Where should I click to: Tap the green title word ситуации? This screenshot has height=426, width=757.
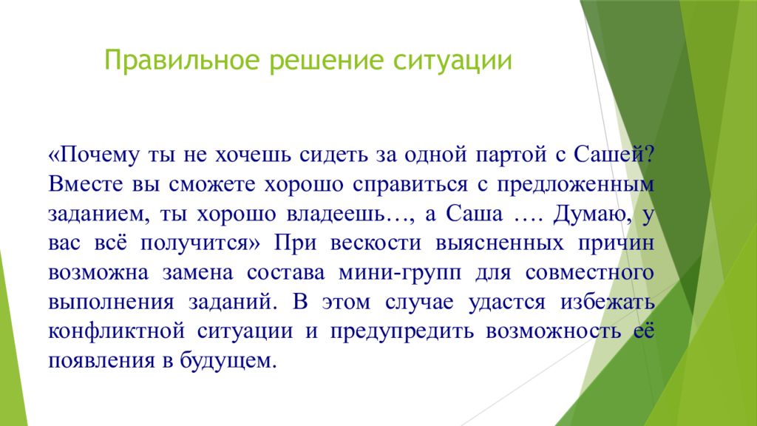click(x=452, y=61)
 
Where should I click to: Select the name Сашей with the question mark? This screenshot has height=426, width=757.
click(x=614, y=155)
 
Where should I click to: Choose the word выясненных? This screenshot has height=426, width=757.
click(x=500, y=243)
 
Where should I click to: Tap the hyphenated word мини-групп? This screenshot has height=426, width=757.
click(x=400, y=274)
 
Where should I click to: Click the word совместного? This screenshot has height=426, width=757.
click(x=589, y=274)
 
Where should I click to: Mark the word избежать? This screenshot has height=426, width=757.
click(x=608, y=302)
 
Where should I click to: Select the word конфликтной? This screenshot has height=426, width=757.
click(x=116, y=331)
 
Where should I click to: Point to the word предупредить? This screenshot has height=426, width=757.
click(x=402, y=332)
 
